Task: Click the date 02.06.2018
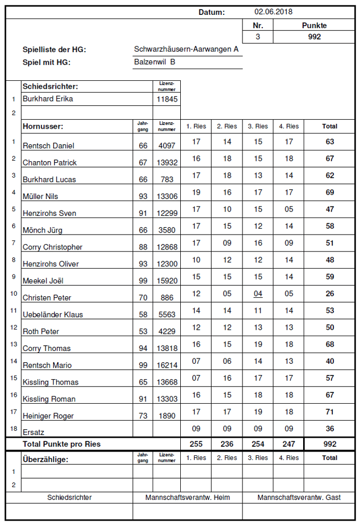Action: point(273,12)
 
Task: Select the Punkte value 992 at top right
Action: point(314,37)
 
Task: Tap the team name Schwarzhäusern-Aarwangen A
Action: point(186,49)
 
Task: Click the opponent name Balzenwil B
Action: point(155,62)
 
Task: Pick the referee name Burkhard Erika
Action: point(48,99)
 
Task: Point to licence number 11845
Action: point(167,99)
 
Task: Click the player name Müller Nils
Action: point(40,197)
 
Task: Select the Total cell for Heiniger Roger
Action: point(330,412)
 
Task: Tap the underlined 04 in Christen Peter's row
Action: point(258,294)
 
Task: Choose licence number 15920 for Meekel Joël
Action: point(167,281)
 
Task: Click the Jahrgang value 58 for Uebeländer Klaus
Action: point(143,315)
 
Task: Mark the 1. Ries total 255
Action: point(196,444)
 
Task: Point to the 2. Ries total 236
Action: point(227,444)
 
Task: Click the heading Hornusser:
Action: point(43,127)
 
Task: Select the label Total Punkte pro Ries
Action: point(62,444)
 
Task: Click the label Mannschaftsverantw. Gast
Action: point(299,498)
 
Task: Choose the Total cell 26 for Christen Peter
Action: point(330,294)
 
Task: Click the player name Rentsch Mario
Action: point(47,365)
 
